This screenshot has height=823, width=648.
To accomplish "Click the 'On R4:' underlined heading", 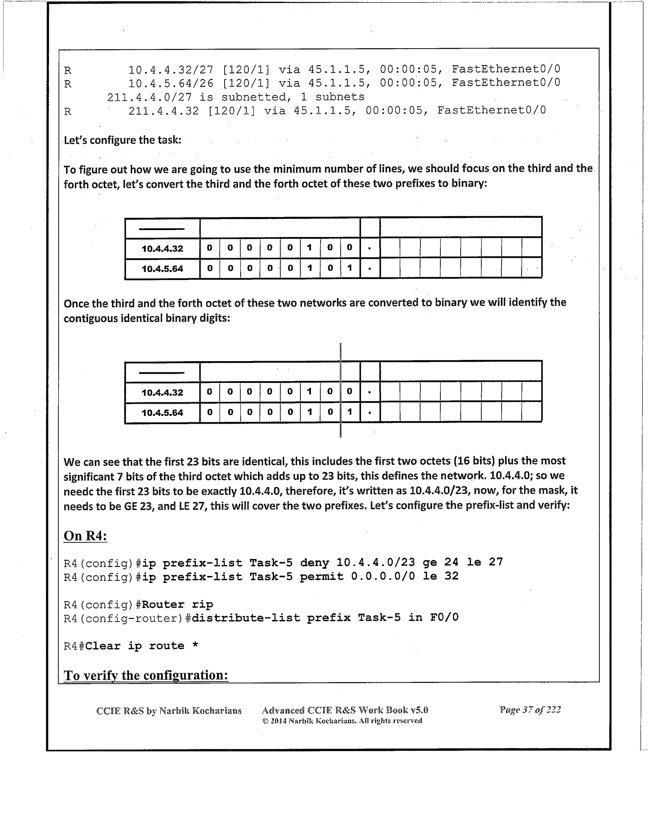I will click(85, 536).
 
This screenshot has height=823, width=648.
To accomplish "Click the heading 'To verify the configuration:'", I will click(146, 675).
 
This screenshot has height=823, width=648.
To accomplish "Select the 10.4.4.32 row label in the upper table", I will click(162, 249).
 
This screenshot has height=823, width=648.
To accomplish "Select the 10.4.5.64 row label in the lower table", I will click(162, 412).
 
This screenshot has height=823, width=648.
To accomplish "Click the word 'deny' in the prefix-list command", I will click(314, 563).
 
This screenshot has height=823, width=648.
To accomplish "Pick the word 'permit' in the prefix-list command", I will click(321, 576).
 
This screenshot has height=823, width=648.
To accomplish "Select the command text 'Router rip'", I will click(177, 604).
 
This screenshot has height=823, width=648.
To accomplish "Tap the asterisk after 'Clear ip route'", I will click(195, 646).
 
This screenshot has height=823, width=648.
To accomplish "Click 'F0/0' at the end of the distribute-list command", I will click(444, 617).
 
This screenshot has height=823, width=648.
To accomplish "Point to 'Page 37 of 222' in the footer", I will click(530, 710).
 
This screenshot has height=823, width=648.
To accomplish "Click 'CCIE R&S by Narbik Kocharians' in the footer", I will click(169, 711).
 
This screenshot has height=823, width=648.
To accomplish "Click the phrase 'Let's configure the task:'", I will click(122, 140).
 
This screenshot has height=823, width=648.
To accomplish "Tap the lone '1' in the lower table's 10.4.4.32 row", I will click(309, 392).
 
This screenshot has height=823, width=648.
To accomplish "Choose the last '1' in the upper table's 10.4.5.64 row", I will click(350, 268).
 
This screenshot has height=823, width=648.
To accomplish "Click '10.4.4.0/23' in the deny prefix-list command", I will click(375, 563).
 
